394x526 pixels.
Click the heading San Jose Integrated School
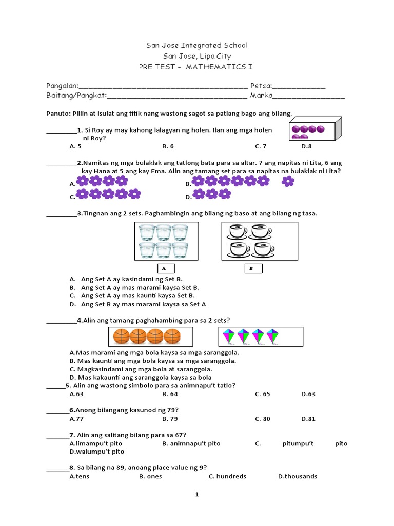pos(196,45)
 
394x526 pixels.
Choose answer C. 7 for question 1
pos(261,146)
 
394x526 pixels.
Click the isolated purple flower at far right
pos(288,181)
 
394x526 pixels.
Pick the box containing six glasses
pos(166,241)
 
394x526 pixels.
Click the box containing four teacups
pos(259,241)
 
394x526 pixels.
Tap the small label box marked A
pos(164,268)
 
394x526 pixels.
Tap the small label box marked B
pos(252,268)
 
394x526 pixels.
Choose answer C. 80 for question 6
pos(262,419)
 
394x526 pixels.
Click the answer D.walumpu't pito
pos(97,452)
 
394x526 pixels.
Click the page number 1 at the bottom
pos(196,495)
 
